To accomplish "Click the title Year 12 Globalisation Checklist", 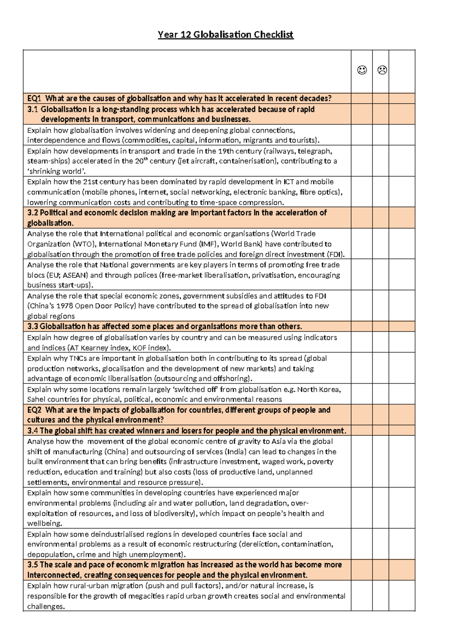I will tap(225, 35).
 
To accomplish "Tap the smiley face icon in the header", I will tap(362, 70).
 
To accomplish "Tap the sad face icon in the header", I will tap(382, 70).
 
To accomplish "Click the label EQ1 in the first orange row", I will tap(34, 99).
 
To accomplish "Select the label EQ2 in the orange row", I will tap(34, 410).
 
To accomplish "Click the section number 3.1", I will tap(33, 110).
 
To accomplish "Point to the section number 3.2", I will tap(33, 213).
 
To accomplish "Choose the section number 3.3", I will tap(33, 326).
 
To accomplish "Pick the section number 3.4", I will tap(33, 431).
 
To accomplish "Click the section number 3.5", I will tap(33, 565).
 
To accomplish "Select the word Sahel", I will tap(36, 399).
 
